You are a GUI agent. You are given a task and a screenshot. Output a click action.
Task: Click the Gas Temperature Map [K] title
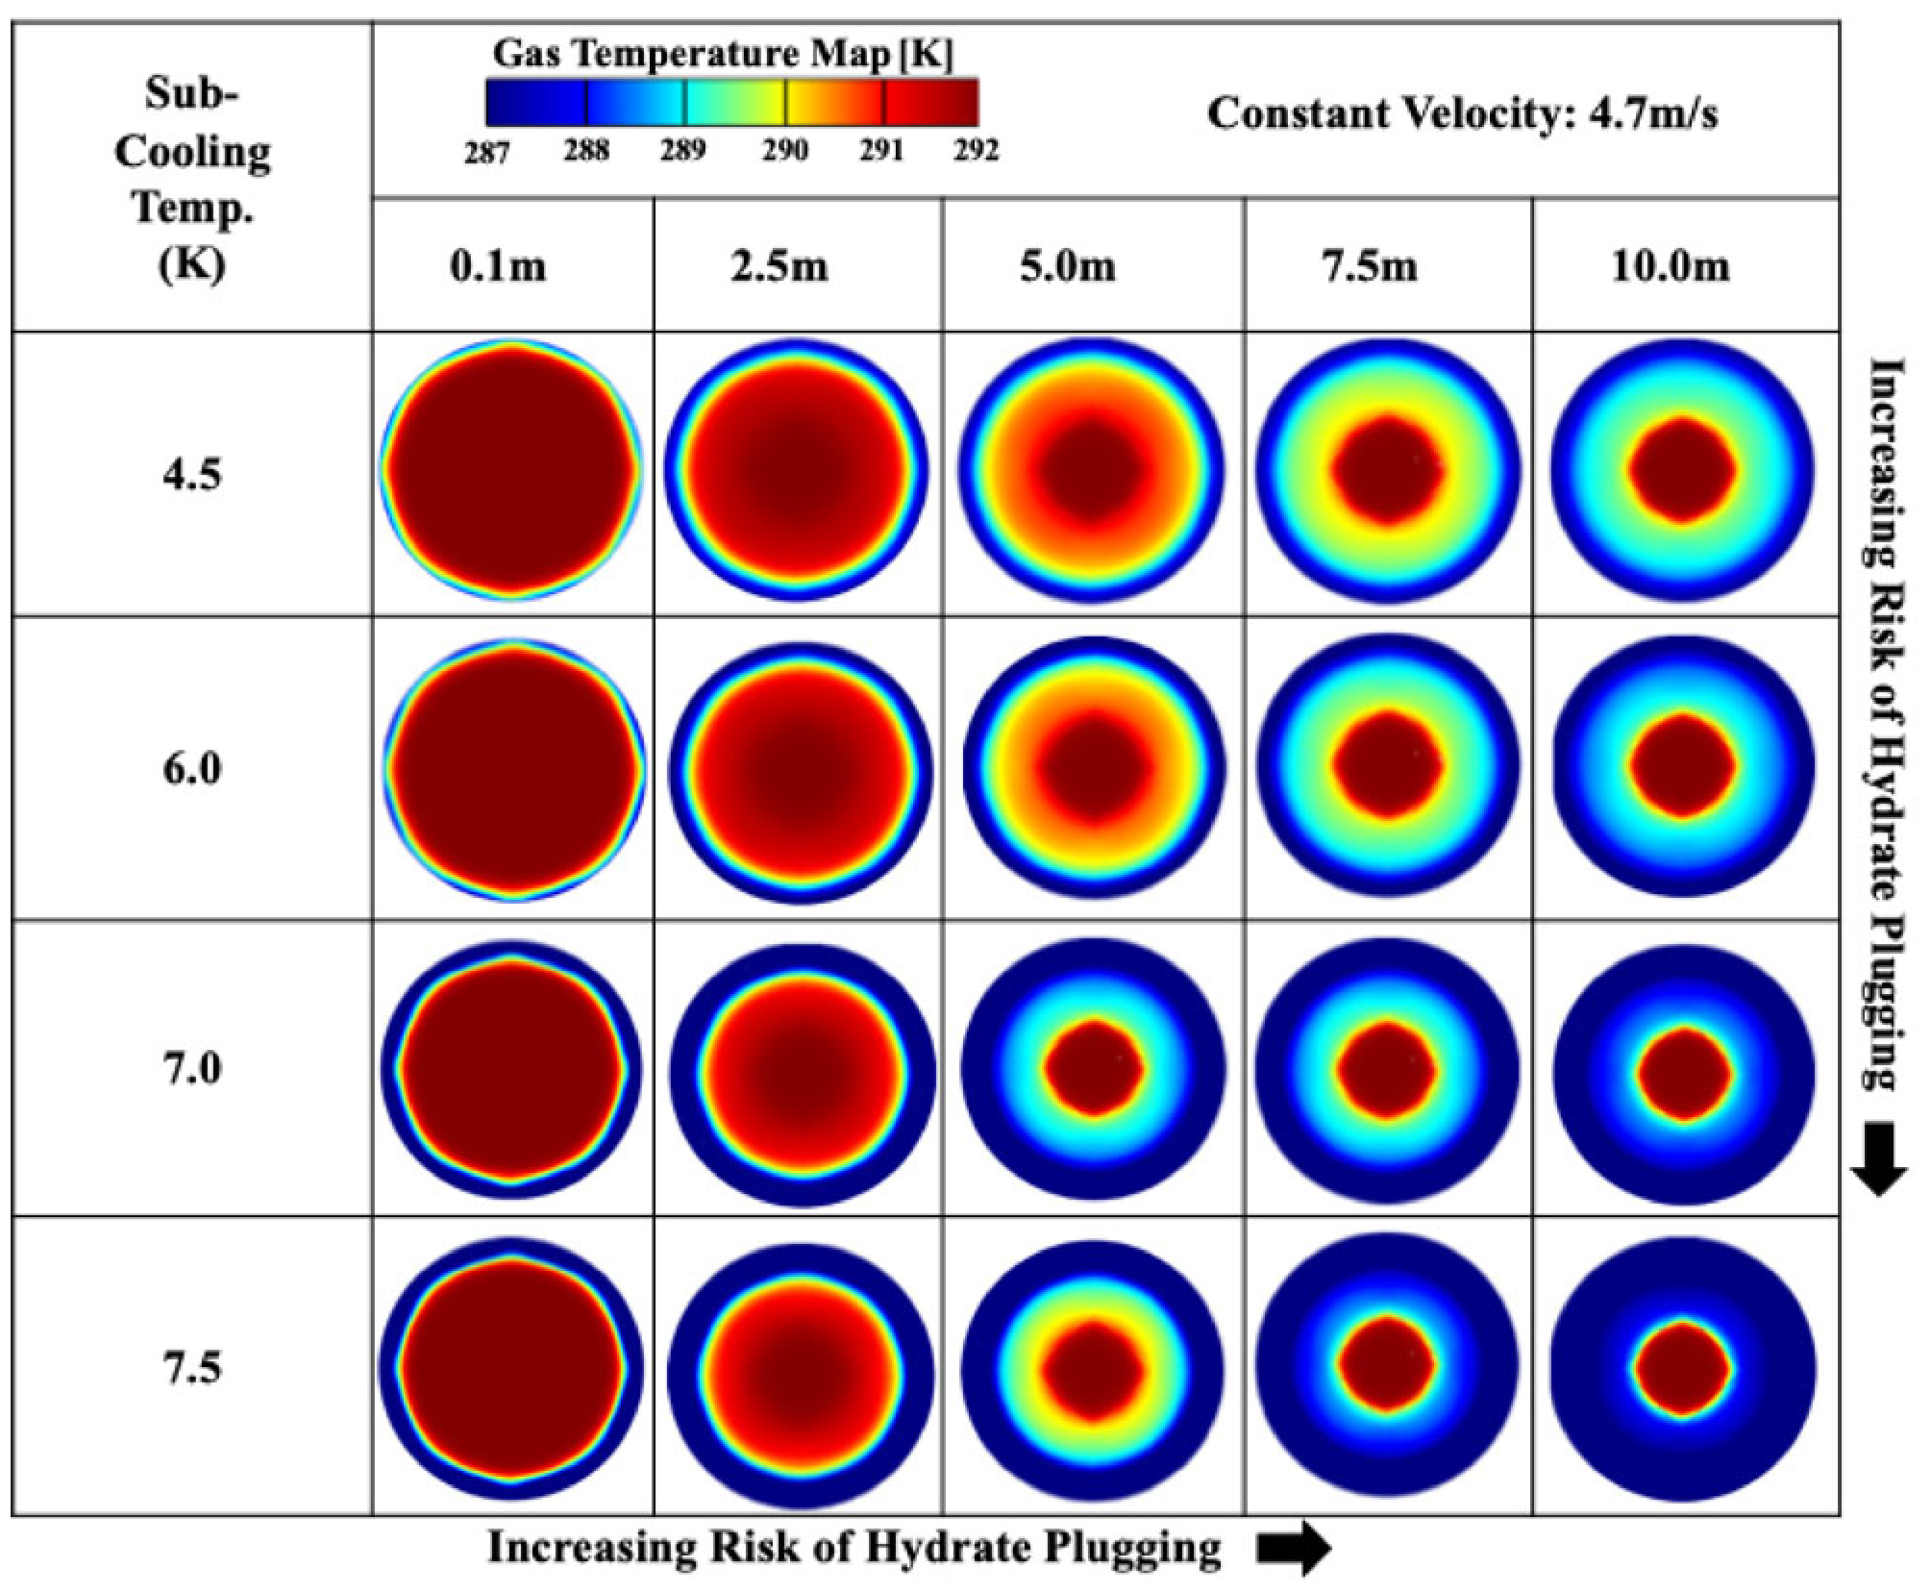click(722, 56)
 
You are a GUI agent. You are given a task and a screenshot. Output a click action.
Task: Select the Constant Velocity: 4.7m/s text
click(1462, 113)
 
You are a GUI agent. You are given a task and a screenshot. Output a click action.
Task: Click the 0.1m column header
click(498, 265)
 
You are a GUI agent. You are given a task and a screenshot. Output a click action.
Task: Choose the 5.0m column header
click(1068, 265)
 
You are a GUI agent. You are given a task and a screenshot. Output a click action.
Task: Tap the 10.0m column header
click(1671, 265)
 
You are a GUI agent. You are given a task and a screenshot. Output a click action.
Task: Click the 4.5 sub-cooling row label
click(192, 475)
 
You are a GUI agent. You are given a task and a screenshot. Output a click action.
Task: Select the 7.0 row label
click(192, 1068)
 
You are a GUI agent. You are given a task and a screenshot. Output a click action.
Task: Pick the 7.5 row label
click(192, 1366)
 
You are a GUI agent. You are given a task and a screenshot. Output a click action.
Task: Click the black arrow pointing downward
click(1877, 1157)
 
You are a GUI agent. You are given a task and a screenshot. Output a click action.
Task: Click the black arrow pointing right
click(1294, 1548)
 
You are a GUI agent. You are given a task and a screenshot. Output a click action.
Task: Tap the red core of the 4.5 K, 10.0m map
click(1682, 470)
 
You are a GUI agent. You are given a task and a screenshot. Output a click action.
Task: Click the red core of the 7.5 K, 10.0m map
click(1682, 1368)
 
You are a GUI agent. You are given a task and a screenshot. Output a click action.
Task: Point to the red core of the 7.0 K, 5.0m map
click(1094, 1068)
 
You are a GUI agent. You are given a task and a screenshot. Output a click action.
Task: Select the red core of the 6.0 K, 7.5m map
click(1387, 764)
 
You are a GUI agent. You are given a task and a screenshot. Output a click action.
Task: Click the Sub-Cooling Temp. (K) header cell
click(192, 178)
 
